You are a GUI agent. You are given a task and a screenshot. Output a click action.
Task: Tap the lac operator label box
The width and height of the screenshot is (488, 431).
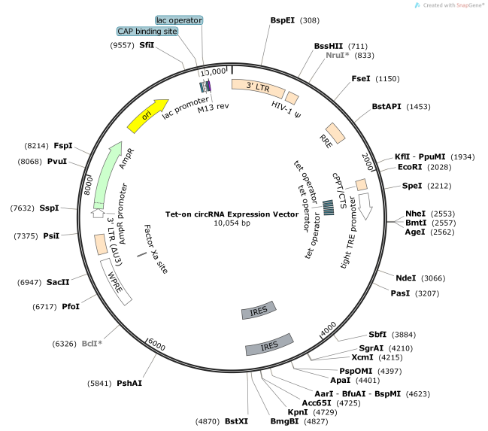tap(178, 19)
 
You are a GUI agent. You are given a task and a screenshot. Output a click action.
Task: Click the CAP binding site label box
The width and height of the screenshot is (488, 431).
tap(147, 32)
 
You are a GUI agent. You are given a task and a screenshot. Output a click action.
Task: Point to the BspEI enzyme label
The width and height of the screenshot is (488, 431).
tap(282, 20)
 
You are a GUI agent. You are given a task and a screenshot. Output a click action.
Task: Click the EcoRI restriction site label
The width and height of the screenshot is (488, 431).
tap(410, 167)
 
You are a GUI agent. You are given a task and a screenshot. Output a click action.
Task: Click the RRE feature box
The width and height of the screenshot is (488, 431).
tap(334, 132)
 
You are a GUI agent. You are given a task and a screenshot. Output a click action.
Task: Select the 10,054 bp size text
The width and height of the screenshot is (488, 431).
tap(232, 223)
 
